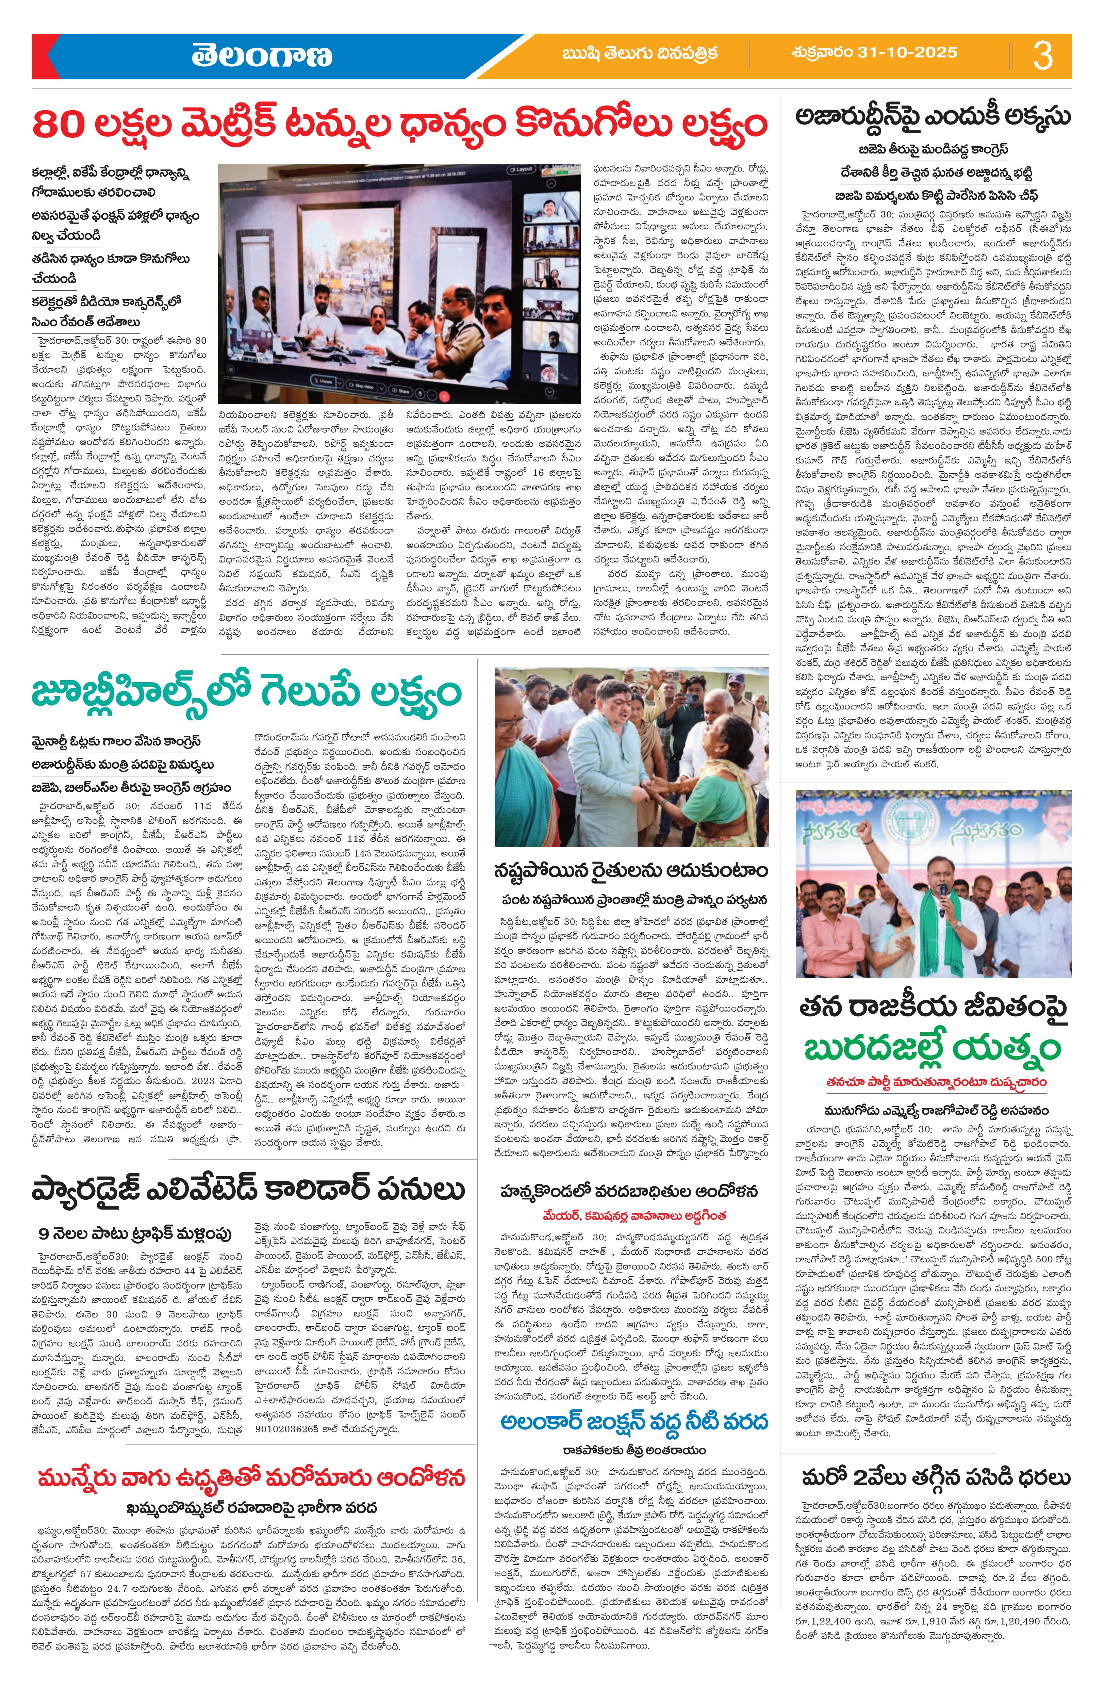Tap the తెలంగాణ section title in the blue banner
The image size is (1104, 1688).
tap(261, 55)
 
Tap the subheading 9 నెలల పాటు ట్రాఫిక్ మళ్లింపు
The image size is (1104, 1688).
tap(135, 1234)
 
